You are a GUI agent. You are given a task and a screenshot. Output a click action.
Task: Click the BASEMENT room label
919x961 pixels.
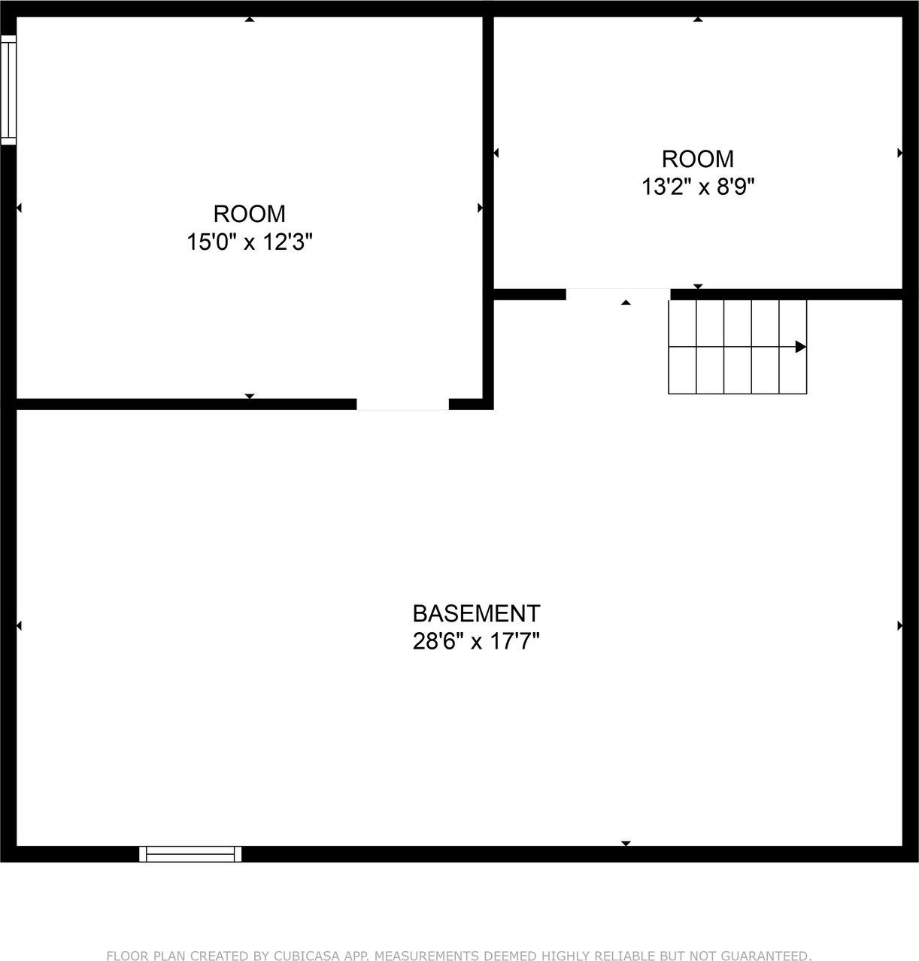pyautogui.click(x=476, y=613)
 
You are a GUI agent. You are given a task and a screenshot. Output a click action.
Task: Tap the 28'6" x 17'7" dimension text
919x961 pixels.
pyautogui.click(x=476, y=642)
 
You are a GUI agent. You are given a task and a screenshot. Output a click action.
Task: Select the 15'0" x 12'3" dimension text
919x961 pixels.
pyautogui.click(x=250, y=242)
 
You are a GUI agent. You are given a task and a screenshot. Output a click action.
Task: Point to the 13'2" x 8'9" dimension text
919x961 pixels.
pyautogui.click(x=698, y=187)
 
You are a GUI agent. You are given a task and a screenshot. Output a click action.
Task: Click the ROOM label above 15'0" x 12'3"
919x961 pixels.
pyautogui.click(x=250, y=214)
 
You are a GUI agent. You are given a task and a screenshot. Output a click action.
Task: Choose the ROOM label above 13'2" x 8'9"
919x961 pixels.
pyautogui.click(x=698, y=159)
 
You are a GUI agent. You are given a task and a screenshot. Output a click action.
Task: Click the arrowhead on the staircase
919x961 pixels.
pyautogui.click(x=801, y=347)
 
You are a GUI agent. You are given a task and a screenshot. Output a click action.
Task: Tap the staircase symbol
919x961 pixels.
pyautogui.click(x=737, y=346)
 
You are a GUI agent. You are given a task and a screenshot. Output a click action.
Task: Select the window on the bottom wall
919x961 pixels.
pyautogui.click(x=190, y=853)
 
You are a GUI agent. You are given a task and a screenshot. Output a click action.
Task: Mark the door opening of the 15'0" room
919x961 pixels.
pyautogui.click(x=402, y=405)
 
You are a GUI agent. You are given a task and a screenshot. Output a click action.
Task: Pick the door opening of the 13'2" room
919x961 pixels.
pyautogui.click(x=617, y=294)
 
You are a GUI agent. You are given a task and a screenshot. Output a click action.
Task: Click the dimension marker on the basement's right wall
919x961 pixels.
pyautogui.click(x=899, y=625)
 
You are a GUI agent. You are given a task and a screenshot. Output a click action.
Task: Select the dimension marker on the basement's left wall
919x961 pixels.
pyautogui.click(x=19, y=625)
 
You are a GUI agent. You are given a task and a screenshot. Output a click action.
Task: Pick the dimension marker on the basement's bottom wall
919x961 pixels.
pyautogui.click(x=626, y=844)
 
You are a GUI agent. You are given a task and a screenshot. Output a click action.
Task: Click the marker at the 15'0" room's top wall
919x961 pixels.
pyautogui.click(x=250, y=20)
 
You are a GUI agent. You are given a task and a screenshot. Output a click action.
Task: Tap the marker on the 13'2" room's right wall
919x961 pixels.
pyautogui.click(x=899, y=153)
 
